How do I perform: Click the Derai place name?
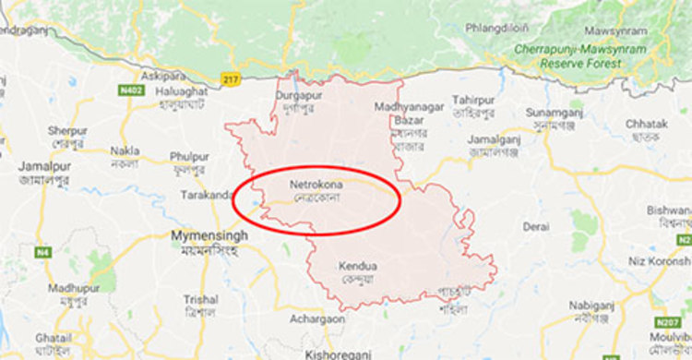click(x=536, y=226)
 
